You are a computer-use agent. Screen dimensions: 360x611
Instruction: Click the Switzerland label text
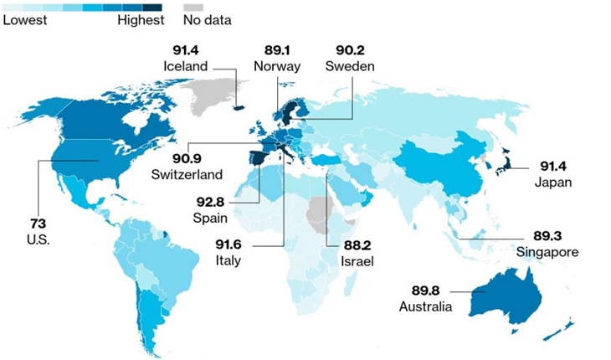(x=187, y=175)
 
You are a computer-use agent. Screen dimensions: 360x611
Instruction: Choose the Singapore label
(x=547, y=251)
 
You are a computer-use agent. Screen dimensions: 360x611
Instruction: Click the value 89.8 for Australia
(x=430, y=291)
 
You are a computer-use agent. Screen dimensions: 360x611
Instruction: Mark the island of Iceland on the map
(x=237, y=106)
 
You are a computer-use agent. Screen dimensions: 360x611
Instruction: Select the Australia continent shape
(x=502, y=297)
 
